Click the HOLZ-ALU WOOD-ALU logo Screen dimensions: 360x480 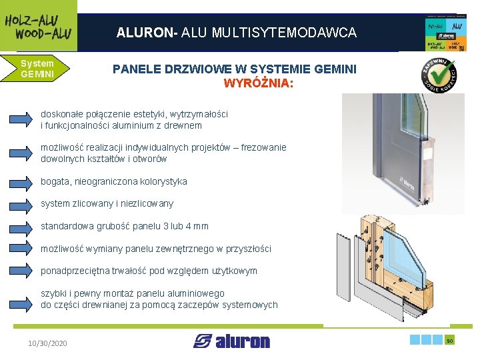pos(38,25)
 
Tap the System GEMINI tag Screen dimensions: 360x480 pos(37,69)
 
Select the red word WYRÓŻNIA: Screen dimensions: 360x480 pos(258,84)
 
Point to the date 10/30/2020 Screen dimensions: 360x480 pos(47,343)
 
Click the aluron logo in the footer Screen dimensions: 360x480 pos(231,341)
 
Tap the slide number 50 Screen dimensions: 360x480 pos(449,341)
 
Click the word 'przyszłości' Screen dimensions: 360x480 pos(247,249)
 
